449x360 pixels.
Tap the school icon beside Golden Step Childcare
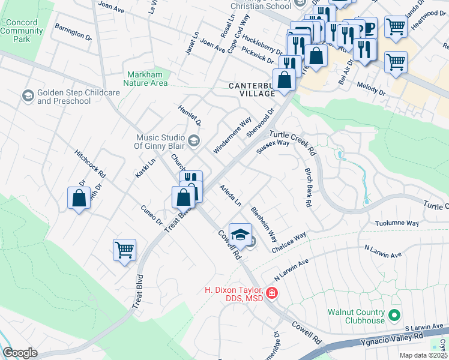(x=28, y=96)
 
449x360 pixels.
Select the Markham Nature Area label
(x=146, y=79)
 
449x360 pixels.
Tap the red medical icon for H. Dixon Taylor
(x=271, y=293)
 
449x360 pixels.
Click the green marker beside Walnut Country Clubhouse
(x=394, y=315)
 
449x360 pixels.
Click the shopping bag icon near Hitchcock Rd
(x=79, y=197)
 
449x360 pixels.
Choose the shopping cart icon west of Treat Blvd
(x=124, y=249)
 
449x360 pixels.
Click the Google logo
(x=20, y=353)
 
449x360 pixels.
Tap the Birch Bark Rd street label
(x=308, y=188)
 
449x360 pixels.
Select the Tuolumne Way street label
(x=396, y=223)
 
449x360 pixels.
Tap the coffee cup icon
(x=367, y=27)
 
